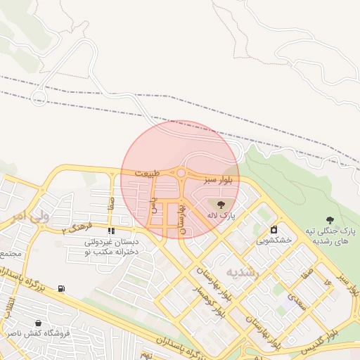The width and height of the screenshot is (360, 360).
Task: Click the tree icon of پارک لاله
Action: [221, 205]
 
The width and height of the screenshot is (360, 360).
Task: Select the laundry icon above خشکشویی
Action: [274, 229]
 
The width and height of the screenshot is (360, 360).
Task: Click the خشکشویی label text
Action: [271, 240]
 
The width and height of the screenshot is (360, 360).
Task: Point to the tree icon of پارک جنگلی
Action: [330, 221]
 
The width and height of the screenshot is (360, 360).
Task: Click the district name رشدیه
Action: [243, 271]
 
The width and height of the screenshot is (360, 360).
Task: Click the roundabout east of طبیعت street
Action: [181, 173]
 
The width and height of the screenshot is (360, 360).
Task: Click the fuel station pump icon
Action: [62, 288]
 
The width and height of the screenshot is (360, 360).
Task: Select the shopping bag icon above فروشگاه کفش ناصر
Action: [46, 323]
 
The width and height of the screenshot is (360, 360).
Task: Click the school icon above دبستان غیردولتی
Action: [110, 231]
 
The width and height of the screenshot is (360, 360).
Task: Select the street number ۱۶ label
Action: [328, 281]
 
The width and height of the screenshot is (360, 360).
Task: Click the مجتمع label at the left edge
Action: [11, 252]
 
